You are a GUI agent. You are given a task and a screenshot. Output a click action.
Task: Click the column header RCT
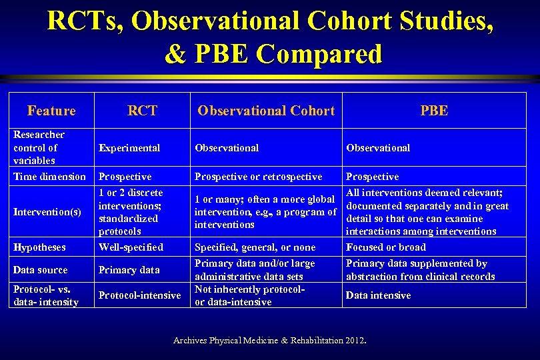pyautogui.click(x=142, y=111)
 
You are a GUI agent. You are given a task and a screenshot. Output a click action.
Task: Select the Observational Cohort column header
pyautogui.click(x=266, y=111)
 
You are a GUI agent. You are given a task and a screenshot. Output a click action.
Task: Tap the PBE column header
pyautogui.click(x=434, y=111)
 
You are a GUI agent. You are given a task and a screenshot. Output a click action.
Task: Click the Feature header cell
pyautogui.click(x=51, y=111)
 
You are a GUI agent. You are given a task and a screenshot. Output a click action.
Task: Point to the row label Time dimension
pyautogui.click(x=50, y=177)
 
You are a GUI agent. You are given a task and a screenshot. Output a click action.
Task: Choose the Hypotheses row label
pyautogui.click(x=39, y=247)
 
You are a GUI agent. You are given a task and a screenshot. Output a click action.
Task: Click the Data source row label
pyautogui.click(x=41, y=270)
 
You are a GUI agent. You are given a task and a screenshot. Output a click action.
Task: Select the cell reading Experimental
pyautogui.click(x=129, y=148)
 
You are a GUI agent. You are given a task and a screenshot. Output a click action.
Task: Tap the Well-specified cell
pyautogui.click(x=131, y=247)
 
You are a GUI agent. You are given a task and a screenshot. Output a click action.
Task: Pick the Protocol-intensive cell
pyautogui.click(x=139, y=295)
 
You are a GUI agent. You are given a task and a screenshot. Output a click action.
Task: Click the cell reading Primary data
pyautogui.click(x=129, y=270)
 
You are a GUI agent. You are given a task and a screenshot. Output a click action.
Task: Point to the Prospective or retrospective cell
pyautogui.click(x=258, y=177)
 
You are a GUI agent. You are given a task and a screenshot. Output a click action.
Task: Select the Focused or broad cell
pyautogui.click(x=386, y=247)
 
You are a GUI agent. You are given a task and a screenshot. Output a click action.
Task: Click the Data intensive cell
pyautogui.click(x=378, y=295)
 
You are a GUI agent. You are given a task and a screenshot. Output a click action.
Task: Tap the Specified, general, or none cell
pyautogui.click(x=255, y=247)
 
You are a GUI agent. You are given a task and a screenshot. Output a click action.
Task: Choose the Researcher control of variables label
pyautogui.click(x=39, y=147)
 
